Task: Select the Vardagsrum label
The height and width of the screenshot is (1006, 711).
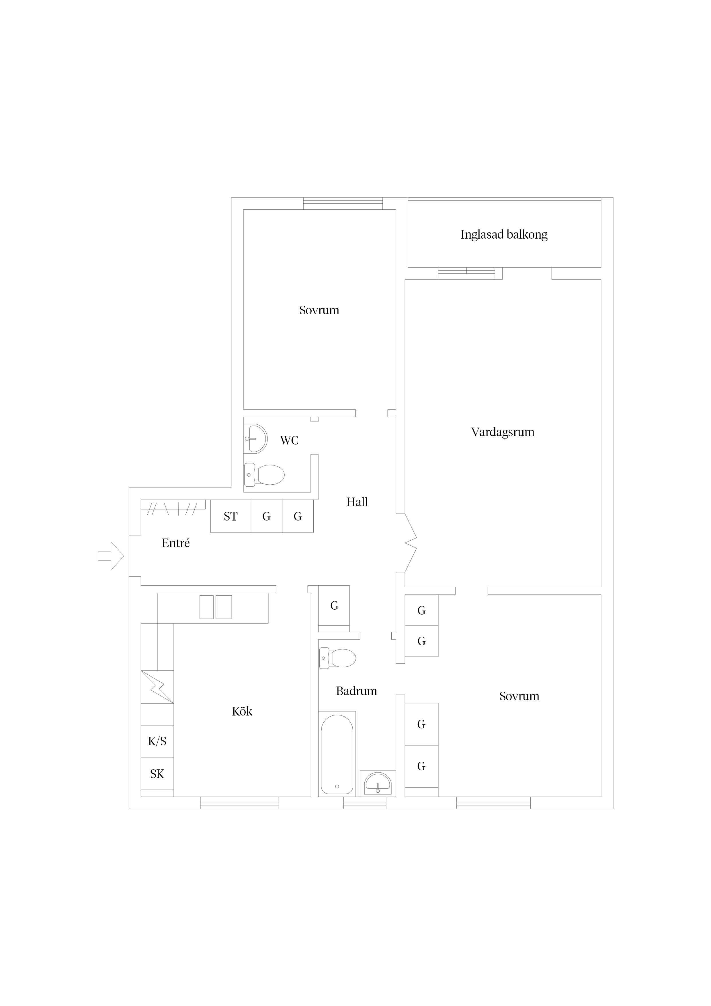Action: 503,432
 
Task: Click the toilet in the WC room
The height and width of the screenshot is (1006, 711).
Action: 264,475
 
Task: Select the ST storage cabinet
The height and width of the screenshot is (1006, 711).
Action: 231,516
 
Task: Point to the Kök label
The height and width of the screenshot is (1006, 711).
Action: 242,711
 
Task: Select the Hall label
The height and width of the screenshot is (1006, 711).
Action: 357,502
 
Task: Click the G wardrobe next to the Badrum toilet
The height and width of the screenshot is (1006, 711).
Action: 334,606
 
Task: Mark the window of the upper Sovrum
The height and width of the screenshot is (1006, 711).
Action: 343,203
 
